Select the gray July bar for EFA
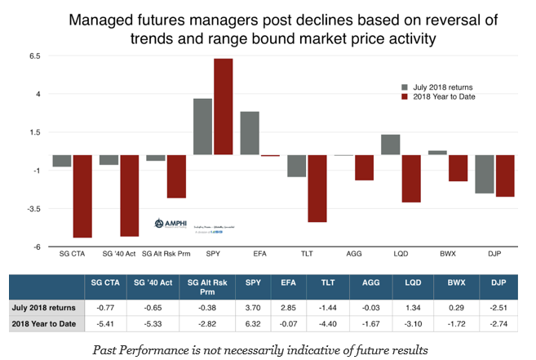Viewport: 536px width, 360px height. (x=250, y=133)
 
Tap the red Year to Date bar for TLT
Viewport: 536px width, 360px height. (x=318, y=189)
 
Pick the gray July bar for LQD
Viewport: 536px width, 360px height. (x=391, y=144)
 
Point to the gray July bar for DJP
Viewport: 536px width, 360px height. (x=485, y=174)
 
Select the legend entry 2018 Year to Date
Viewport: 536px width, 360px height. (x=445, y=96)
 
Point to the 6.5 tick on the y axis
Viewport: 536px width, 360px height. (x=34, y=56)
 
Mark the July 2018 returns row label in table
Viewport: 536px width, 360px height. (x=44, y=307)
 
